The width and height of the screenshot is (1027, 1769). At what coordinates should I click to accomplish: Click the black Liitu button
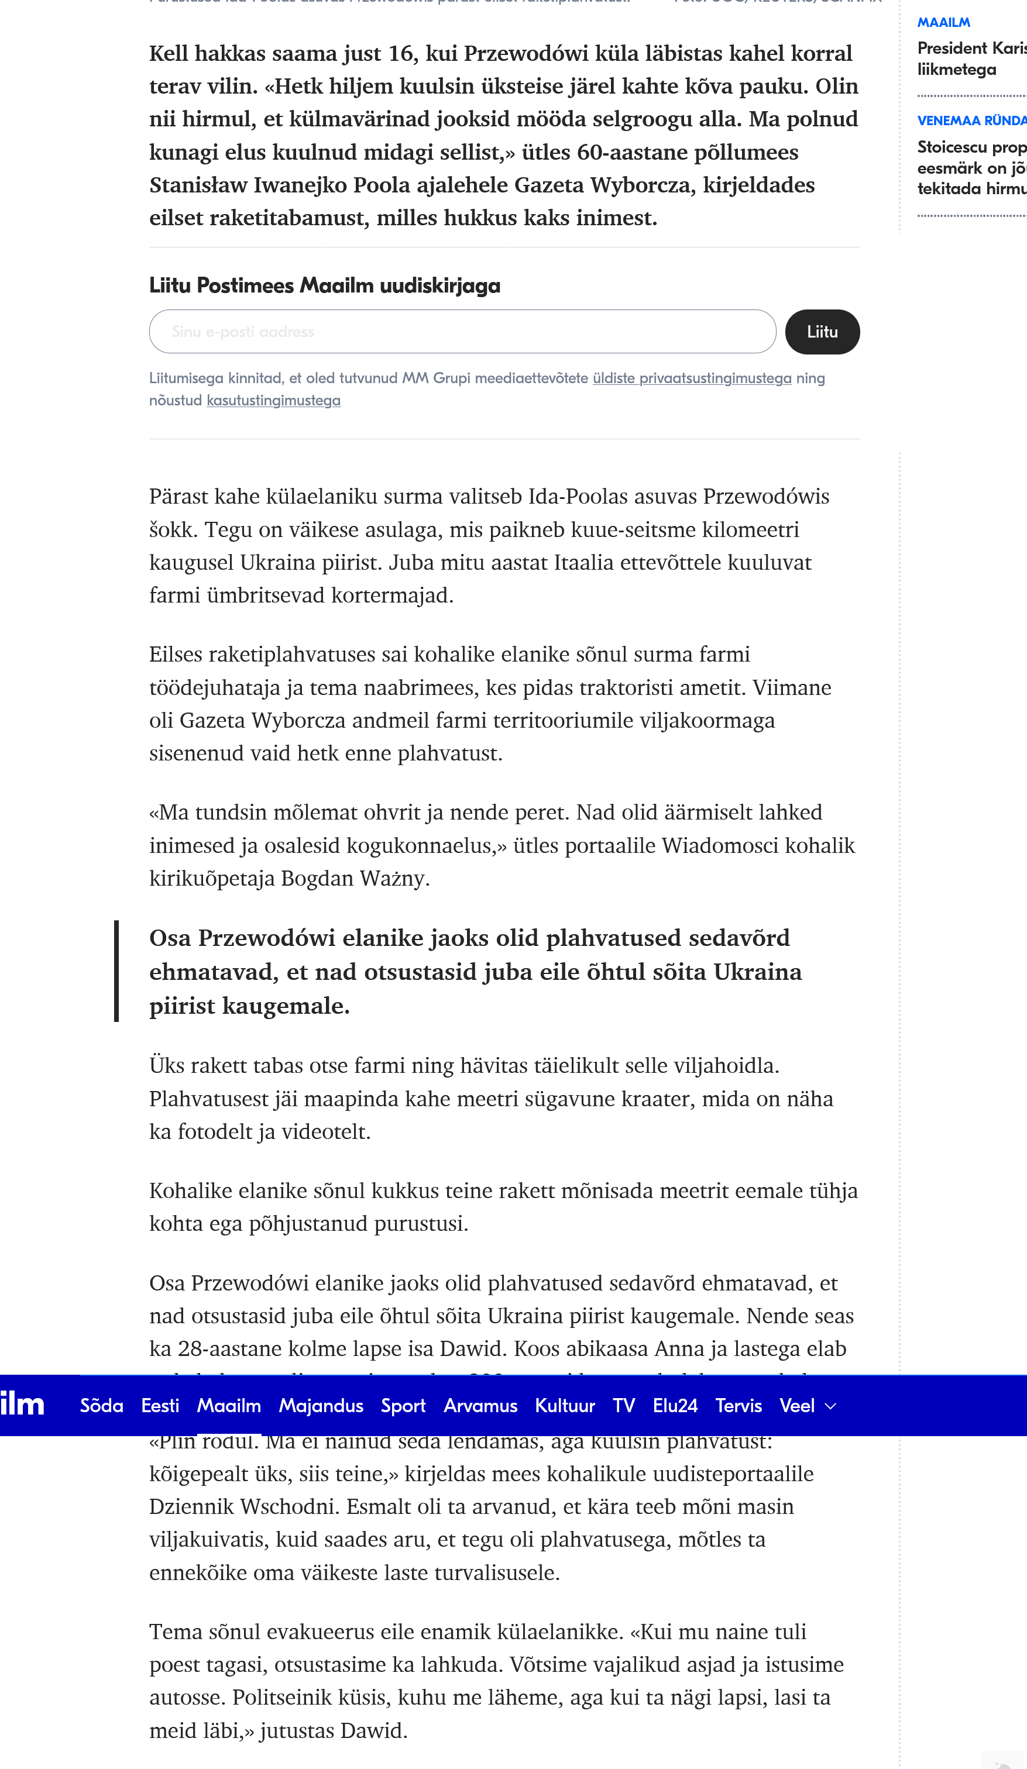(822, 332)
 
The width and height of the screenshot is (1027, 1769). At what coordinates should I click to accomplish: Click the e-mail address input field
(462, 332)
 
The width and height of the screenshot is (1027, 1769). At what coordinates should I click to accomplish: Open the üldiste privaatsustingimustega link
(691, 378)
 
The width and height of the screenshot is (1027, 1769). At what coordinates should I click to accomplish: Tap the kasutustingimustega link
(273, 401)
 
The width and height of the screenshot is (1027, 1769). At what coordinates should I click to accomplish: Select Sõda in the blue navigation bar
(101, 1405)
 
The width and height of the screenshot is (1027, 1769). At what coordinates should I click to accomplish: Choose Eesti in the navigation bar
(160, 1405)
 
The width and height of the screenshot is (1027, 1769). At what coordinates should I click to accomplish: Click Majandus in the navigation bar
(321, 1405)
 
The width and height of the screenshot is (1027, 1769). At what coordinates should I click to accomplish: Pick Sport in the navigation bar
(403, 1405)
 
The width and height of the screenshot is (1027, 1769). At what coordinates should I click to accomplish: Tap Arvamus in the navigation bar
(480, 1405)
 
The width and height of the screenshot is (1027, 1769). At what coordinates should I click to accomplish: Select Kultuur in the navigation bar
(565, 1405)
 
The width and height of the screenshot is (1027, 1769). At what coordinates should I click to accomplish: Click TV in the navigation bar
(624, 1405)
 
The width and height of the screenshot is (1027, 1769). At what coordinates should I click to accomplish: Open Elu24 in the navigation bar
(675, 1405)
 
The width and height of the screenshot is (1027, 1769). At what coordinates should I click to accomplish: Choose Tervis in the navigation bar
(739, 1405)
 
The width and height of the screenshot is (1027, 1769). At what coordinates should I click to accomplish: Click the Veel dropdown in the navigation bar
(807, 1405)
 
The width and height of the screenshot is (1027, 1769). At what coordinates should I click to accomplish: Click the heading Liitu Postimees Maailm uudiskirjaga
(325, 285)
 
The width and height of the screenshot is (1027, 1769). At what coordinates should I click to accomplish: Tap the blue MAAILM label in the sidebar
(943, 22)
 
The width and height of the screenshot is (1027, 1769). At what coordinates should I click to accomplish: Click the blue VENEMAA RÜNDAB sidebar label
(972, 121)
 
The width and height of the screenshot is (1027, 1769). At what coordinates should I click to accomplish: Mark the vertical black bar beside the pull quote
(116, 971)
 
